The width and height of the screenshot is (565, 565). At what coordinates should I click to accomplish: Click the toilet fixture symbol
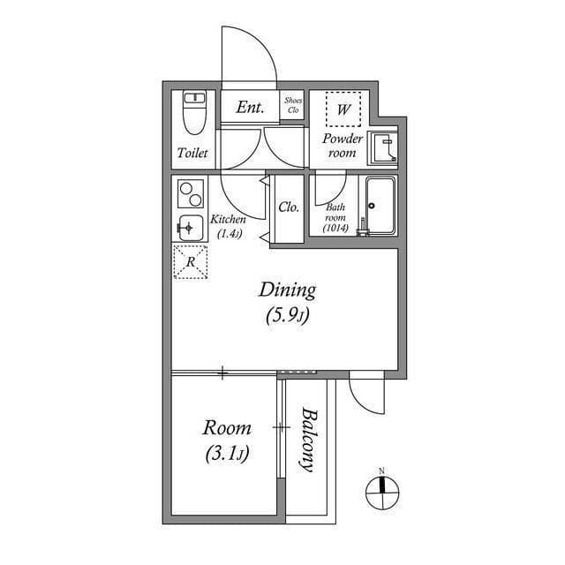click(192, 112)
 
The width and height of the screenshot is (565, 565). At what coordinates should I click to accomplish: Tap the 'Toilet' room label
click(192, 153)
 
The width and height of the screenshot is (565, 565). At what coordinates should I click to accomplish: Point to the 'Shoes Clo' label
click(293, 107)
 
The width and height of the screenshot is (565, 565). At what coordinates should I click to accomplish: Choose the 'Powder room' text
click(342, 146)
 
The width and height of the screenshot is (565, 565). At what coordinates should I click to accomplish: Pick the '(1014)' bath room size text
click(336, 228)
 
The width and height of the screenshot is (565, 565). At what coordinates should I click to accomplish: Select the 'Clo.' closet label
click(289, 207)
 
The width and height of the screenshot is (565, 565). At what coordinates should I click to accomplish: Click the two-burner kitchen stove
click(190, 191)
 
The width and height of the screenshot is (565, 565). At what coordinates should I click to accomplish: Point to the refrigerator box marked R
click(190, 262)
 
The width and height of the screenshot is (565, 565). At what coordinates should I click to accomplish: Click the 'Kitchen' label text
click(228, 220)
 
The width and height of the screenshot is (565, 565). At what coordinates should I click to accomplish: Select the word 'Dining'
click(287, 290)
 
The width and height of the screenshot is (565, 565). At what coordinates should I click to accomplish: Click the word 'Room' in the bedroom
click(227, 428)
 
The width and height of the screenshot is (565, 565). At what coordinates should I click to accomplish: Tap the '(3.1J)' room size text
click(227, 455)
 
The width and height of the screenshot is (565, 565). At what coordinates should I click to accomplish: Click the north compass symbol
click(382, 487)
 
